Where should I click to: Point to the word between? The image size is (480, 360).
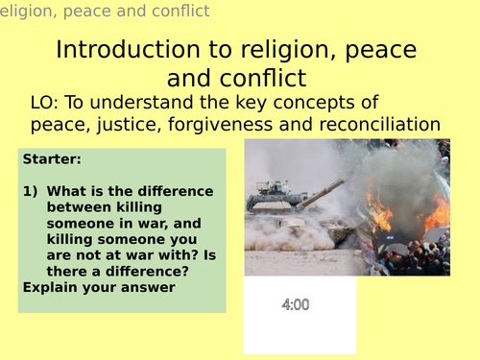click(78, 206)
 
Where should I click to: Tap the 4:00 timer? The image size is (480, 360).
click(296, 305)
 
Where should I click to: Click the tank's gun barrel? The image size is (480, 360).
click(322, 189)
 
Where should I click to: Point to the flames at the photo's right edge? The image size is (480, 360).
click(437, 216)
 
